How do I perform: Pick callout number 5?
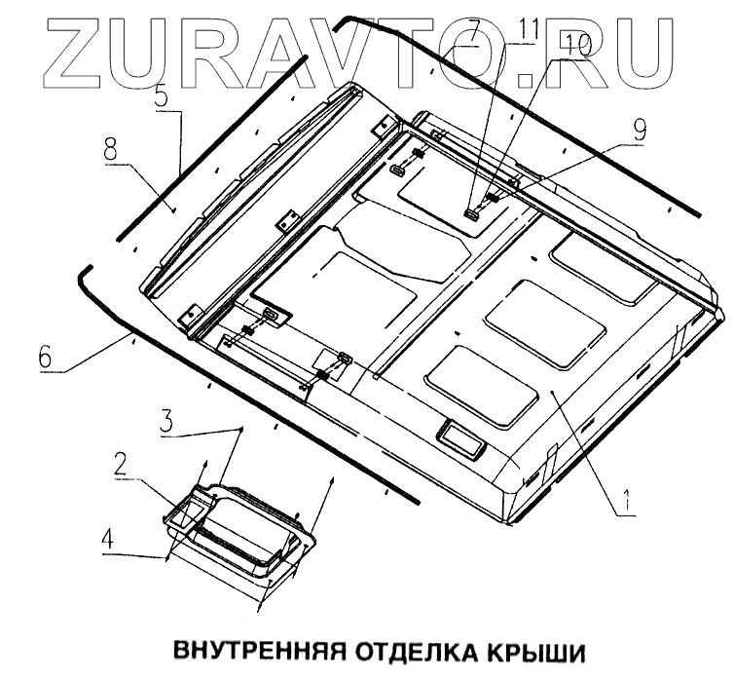pos(161,97)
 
